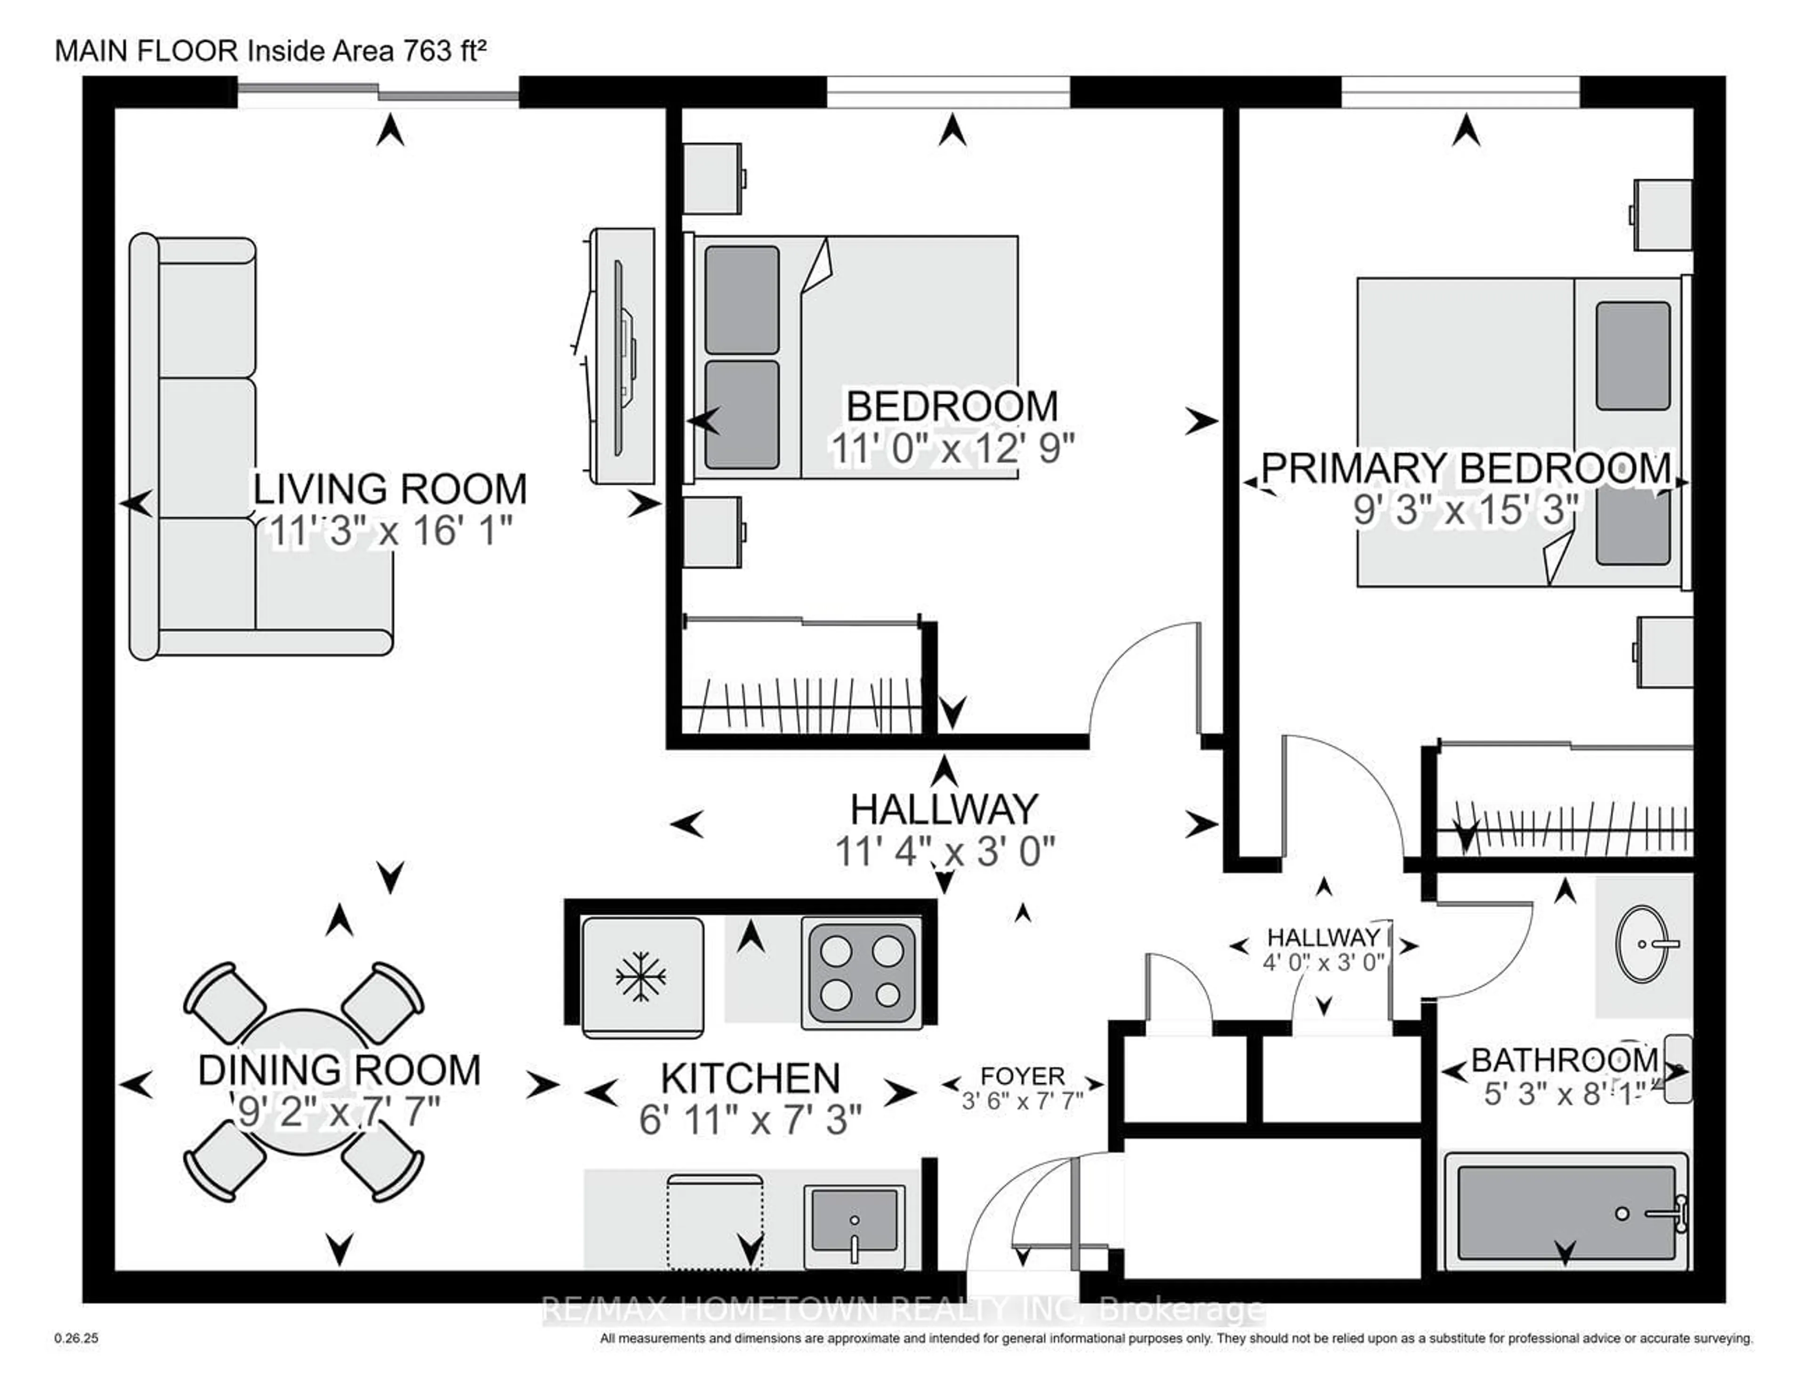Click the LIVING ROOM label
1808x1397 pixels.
(x=389, y=489)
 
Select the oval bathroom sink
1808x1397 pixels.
(x=1642, y=944)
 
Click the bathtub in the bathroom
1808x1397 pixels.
(x=1565, y=1213)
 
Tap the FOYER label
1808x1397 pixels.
(x=1022, y=1076)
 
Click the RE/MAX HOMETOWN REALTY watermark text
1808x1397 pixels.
(x=902, y=1310)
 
